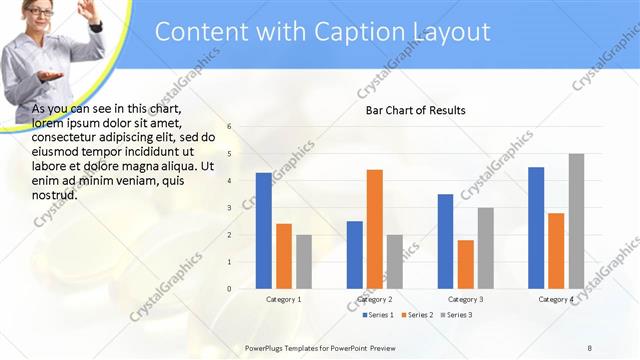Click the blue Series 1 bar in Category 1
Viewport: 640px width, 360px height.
[x=264, y=231]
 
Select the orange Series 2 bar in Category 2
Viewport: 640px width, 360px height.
[x=374, y=229]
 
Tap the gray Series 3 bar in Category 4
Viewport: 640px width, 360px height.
[x=575, y=221]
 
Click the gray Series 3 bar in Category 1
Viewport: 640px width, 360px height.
[x=303, y=262]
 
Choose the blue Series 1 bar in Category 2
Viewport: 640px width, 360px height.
[x=355, y=255]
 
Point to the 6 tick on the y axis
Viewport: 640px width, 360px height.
[x=229, y=127]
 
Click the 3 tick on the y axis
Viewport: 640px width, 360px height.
[x=229, y=208]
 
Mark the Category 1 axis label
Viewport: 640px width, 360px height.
[x=284, y=299]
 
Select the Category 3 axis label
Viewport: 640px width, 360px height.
[x=465, y=299]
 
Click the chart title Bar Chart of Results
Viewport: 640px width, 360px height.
[x=415, y=109]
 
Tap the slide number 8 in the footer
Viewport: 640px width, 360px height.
[x=589, y=346]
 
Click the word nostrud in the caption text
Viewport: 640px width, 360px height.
[x=55, y=195]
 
